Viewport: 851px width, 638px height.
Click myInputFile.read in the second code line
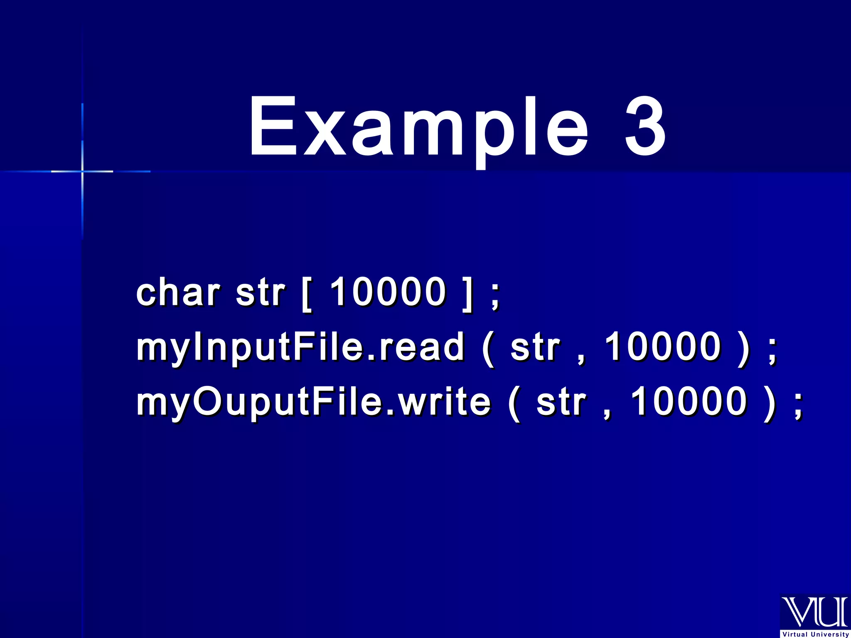pos(300,347)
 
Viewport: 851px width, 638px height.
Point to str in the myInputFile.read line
pos(535,347)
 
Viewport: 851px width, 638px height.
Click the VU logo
pos(814,612)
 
